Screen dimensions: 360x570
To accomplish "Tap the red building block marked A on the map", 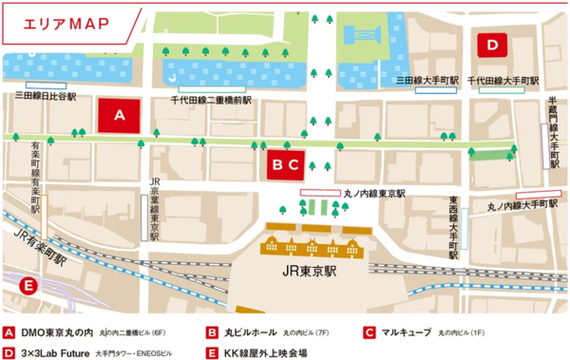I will point(120,115).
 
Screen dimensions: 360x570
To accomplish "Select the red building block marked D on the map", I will point(492,44).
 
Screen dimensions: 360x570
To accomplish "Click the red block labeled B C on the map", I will point(286,164).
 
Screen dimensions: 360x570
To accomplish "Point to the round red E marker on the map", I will point(28,285).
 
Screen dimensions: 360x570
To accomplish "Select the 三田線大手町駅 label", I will point(427,81).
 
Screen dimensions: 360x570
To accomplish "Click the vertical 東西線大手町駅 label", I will point(453,228).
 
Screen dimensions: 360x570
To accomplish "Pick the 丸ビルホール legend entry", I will point(250,334).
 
